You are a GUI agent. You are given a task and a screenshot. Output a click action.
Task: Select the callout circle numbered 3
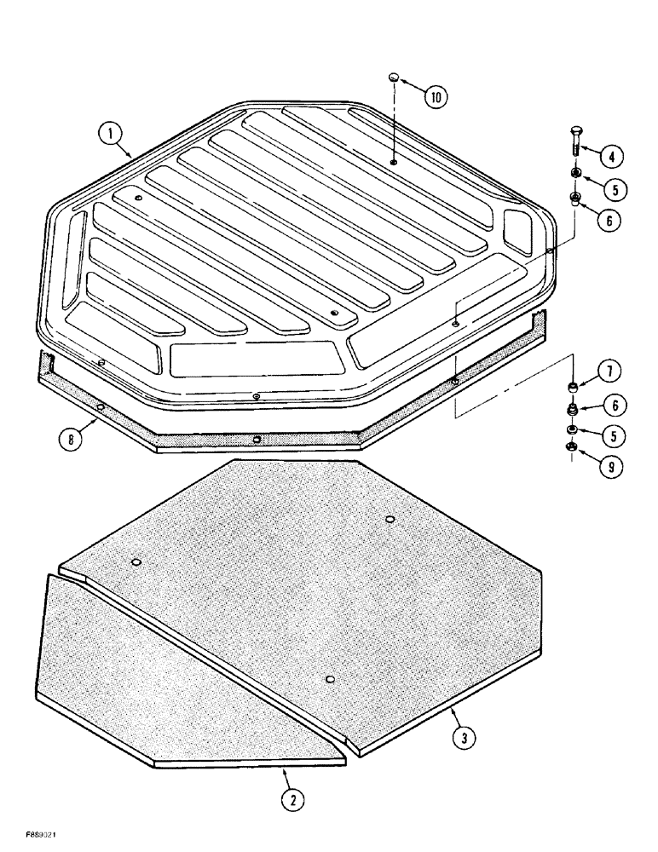point(461,738)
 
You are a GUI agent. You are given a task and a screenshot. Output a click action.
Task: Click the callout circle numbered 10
point(435,96)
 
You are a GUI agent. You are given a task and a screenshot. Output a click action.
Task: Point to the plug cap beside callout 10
point(393,78)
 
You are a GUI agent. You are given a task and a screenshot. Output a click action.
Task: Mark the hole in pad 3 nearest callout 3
point(331,678)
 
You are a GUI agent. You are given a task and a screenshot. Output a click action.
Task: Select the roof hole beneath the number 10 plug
point(392,161)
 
